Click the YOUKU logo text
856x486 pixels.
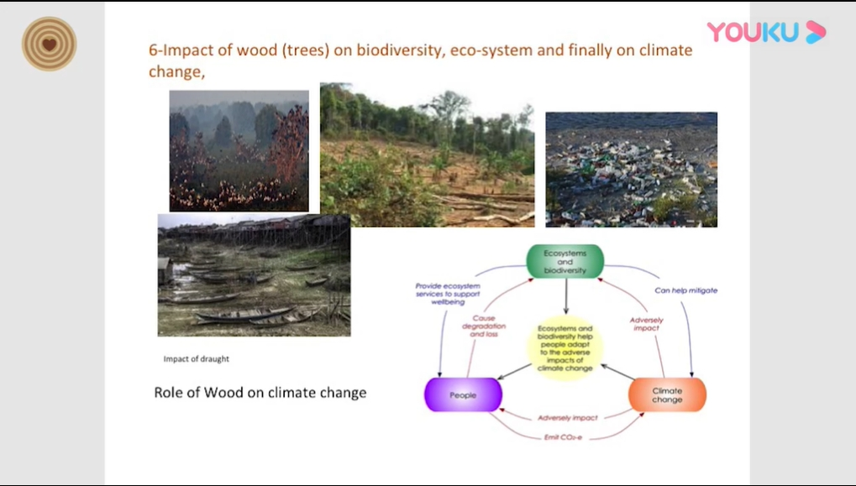pos(753,32)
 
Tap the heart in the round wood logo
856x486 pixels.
pos(49,44)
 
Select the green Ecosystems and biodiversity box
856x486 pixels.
pos(565,262)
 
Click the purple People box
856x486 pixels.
pos(463,395)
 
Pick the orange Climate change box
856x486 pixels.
pos(667,395)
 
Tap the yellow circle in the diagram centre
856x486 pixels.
pos(565,348)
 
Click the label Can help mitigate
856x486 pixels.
pos(686,290)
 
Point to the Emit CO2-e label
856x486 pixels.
pos(564,437)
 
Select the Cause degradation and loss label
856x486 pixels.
pos(484,326)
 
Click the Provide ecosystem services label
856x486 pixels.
pos(448,294)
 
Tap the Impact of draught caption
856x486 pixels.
pos(197,359)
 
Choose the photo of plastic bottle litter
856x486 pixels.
pos(632,170)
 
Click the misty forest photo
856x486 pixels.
pos(239,151)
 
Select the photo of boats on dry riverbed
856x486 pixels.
pos(255,275)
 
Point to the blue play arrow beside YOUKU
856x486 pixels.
pos(816,32)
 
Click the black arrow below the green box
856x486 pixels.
pos(565,296)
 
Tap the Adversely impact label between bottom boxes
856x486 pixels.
pos(568,418)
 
